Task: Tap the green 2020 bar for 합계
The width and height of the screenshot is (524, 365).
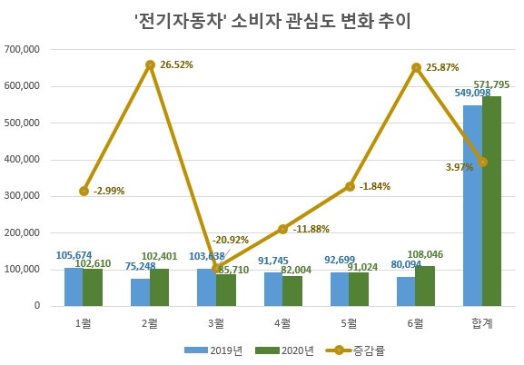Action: coord(491,201)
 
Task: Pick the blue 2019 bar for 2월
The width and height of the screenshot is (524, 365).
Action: coord(140,292)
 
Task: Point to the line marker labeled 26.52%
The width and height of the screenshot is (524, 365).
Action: coord(150,65)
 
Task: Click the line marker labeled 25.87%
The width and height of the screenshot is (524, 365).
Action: coord(416,67)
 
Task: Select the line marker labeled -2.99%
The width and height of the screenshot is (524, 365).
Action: coord(84,191)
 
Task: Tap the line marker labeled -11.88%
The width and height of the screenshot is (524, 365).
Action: coord(283,229)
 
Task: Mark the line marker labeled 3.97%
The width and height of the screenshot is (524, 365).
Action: coord(482,163)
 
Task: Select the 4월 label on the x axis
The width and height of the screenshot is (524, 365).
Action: coord(282,321)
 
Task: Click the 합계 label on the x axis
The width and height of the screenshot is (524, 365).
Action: coord(481,321)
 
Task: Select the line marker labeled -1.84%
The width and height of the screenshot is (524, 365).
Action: coord(349,187)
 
